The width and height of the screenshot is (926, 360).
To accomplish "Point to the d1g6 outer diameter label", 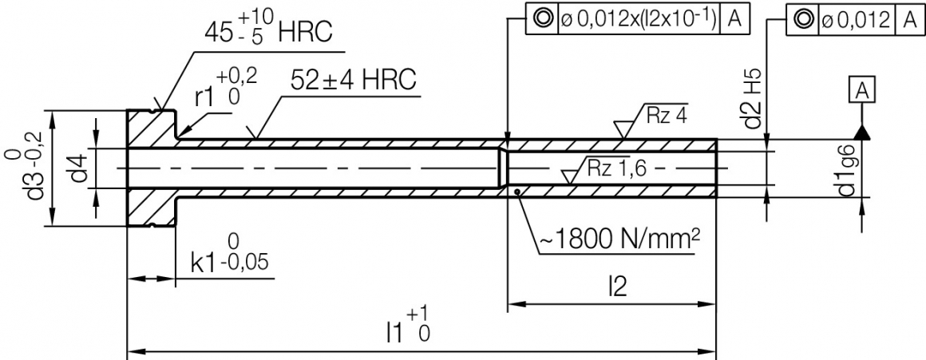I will (x=847, y=170).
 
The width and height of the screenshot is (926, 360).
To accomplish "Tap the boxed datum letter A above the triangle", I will (x=861, y=93).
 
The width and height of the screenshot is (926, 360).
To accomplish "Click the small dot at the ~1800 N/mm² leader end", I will (x=518, y=191).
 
